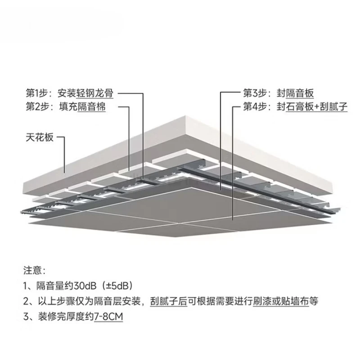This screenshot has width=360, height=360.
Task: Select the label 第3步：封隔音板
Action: [x=278, y=94]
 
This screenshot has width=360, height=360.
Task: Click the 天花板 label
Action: [x=39, y=137]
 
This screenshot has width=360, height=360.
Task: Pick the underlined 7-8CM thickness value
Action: [x=108, y=317]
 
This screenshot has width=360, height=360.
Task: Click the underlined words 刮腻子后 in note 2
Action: [x=168, y=301]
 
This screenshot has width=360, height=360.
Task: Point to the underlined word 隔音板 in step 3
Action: [x=299, y=94]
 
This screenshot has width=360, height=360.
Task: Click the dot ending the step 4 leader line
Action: [x=233, y=219]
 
